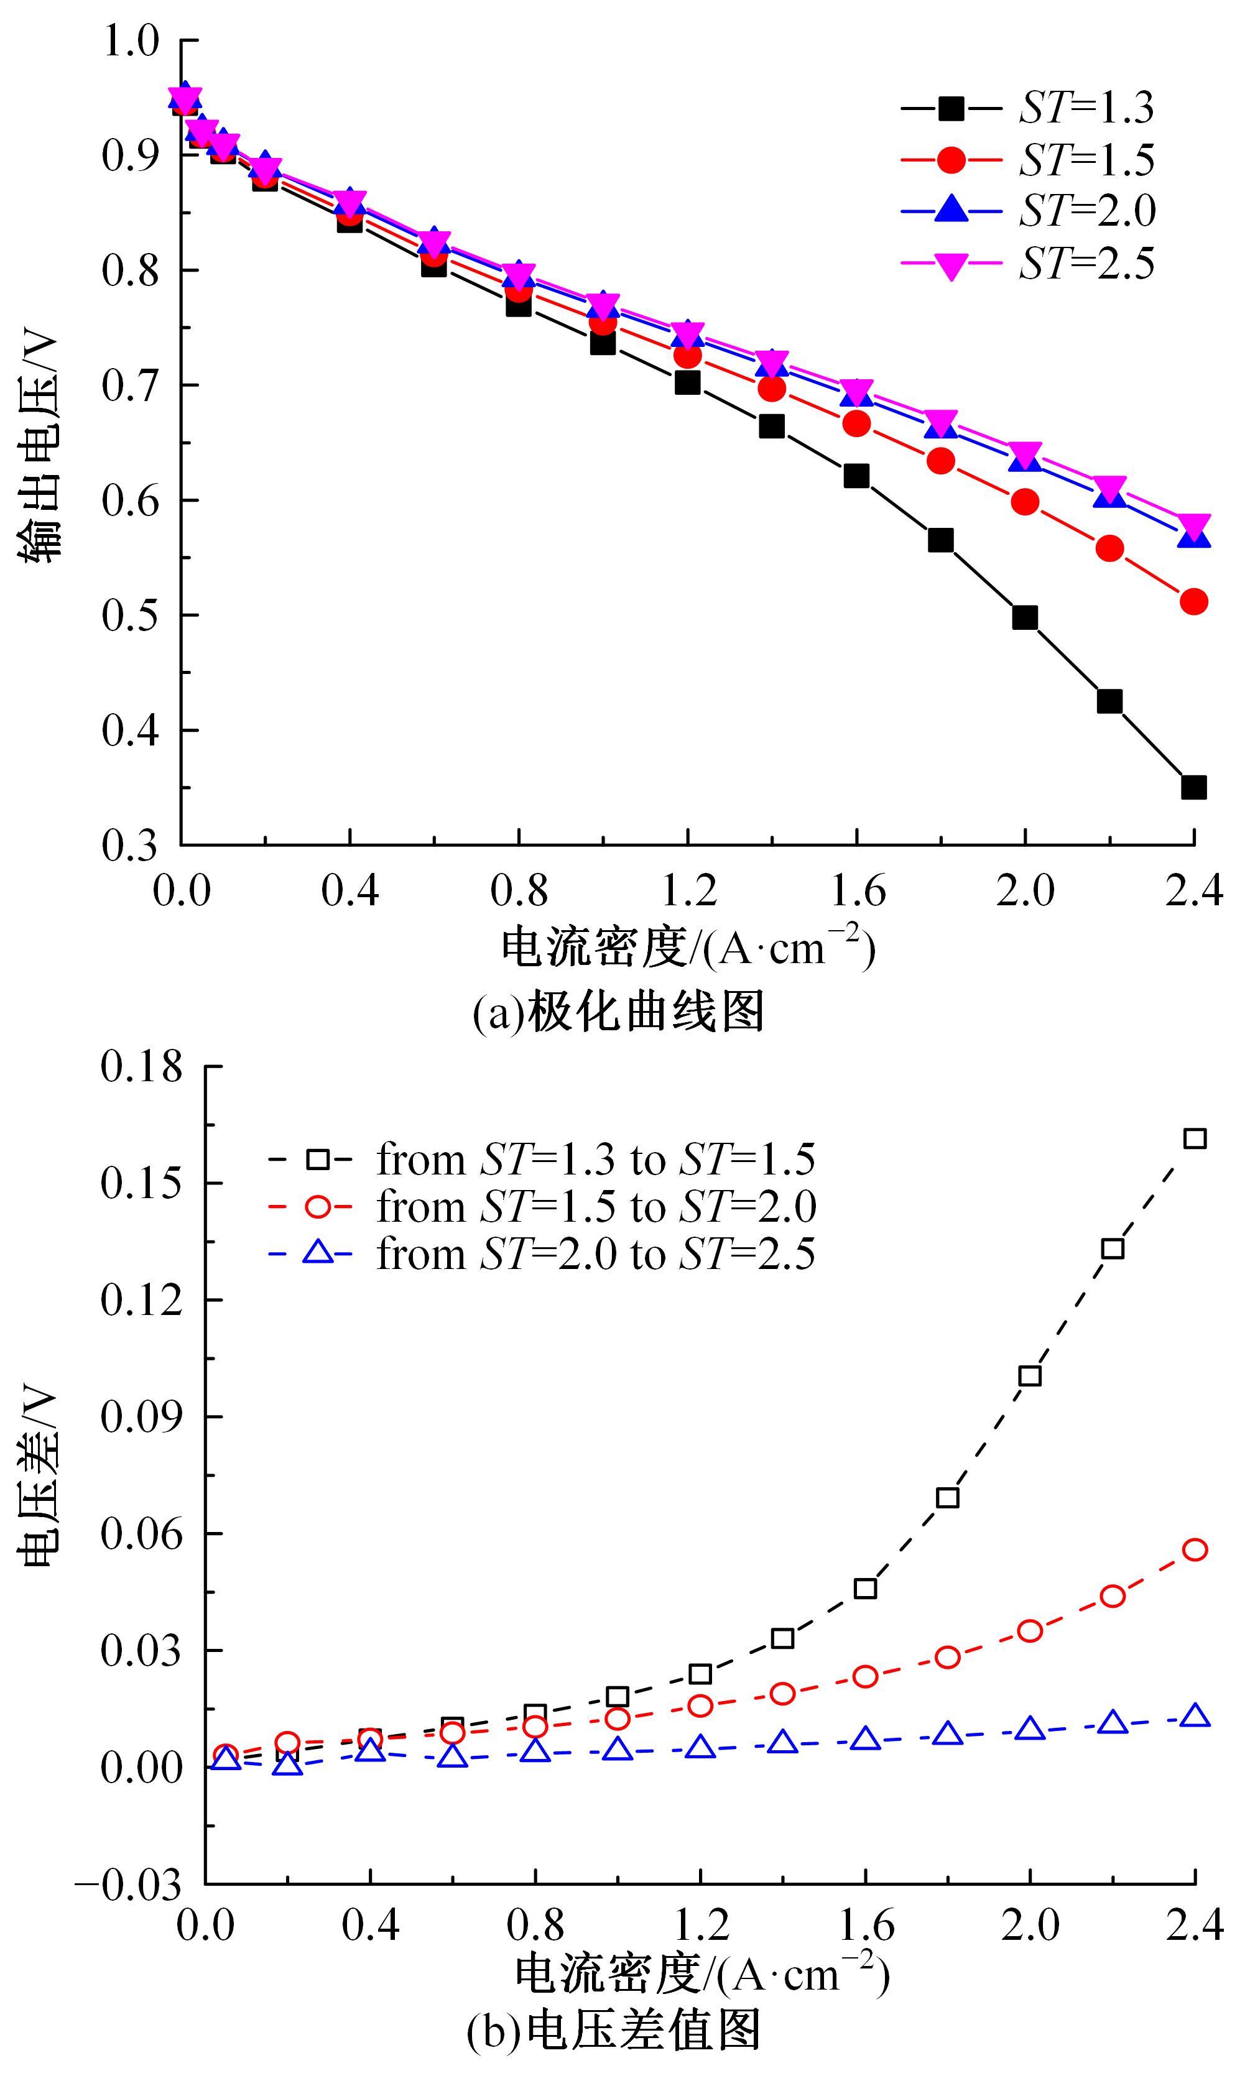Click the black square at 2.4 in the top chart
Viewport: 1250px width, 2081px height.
[1193, 787]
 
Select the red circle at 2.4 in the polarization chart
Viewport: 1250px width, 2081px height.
[1193, 601]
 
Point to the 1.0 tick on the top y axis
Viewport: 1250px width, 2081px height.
[131, 40]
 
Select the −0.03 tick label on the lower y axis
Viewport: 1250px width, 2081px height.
[128, 1885]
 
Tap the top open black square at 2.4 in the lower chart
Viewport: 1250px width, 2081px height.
[1195, 1138]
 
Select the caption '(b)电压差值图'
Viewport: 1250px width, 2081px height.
[613, 2029]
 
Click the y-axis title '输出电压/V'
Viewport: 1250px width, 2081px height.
[39, 446]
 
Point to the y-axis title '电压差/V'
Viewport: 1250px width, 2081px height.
[39, 1474]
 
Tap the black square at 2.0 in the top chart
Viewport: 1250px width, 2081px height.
[1024, 617]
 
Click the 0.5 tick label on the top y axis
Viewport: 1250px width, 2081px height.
[131, 616]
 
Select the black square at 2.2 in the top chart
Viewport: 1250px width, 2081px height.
[1109, 701]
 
